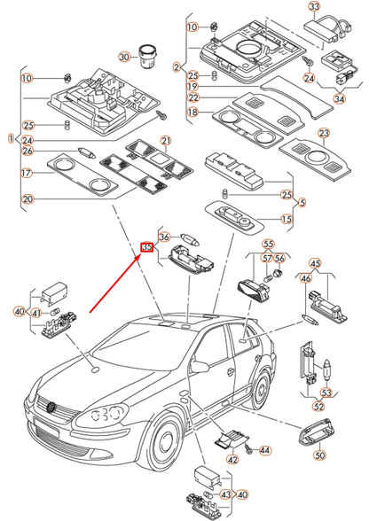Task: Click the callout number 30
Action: tap(124, 57)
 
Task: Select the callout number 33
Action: tap(314, 6)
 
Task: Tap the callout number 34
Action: tap(340, 98)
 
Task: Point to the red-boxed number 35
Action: tap(146, 247)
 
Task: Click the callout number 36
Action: tap(165, 237)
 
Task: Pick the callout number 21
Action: tap(166, 141)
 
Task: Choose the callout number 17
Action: tap(27, 173)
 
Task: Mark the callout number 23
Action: tap(324, 133)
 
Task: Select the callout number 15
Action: tap(287, 219)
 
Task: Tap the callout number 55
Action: tap(268, 245)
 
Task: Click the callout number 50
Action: tap(319, 455)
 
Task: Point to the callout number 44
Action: tap(264, 450)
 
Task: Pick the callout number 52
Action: tap(318, 406)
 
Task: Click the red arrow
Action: tap(114, 284)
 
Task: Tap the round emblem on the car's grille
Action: tap(51, 407)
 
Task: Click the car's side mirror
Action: tap(200, 366)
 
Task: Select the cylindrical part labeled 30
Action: tap(145, 56)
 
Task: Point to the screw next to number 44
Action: tap(248, 449)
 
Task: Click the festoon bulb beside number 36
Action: tap(191, 239)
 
